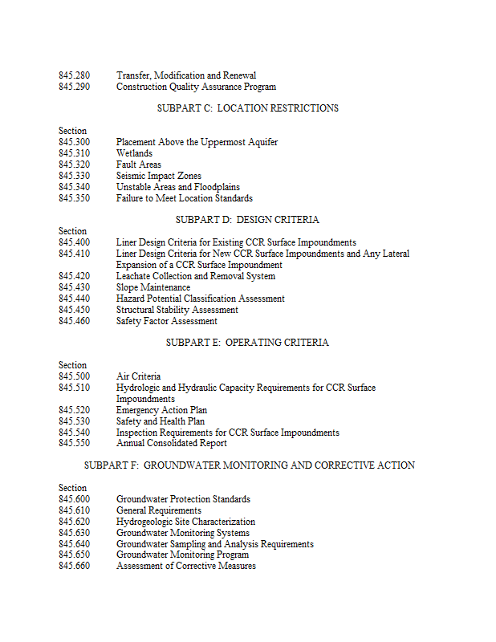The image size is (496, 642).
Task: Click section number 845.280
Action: [x=74, y=75]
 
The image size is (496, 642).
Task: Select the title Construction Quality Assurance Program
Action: [x=196, y=87]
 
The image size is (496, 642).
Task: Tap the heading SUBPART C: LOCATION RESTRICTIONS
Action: [x=248, y=108]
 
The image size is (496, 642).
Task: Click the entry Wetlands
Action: [x=134, y=153]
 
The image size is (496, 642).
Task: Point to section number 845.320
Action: [x=74, y=165]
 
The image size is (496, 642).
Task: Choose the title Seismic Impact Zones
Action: [x=159, y=176]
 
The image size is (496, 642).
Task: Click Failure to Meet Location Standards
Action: [x=185, y=198]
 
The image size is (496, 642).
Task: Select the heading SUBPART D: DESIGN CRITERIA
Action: [x=247, y=220]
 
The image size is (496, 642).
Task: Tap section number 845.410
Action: [x=74, y=254]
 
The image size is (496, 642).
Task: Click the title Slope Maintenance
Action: [x=153, y=287]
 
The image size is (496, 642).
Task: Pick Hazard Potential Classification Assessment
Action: [x=201, y=299]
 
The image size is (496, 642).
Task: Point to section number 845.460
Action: [x=74, y=321]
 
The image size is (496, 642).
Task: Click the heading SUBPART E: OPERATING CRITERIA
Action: [x=247, y=343]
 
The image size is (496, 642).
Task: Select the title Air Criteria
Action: [x=138, y=376]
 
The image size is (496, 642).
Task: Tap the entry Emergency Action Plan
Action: [x=161, y=410]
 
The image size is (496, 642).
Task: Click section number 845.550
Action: [x=74, y=443]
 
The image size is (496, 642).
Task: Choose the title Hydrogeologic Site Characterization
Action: [x=185, y=522]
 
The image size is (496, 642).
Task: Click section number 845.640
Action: [x=74, y=544]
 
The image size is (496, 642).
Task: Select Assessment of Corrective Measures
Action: [x=186, y=567]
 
